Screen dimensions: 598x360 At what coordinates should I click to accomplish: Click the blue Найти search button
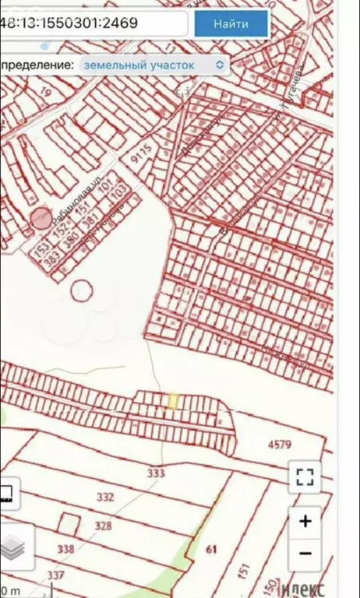231,24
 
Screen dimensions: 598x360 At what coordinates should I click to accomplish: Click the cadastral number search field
94,23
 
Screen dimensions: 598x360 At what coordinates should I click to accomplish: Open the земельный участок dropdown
152,65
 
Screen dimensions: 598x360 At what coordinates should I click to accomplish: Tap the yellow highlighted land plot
173,400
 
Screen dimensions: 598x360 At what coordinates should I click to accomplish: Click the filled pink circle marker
41,219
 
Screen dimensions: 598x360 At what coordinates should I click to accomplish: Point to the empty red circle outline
80,290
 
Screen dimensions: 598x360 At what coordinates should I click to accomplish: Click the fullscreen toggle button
305,477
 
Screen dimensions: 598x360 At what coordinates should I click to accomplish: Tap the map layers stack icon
12,548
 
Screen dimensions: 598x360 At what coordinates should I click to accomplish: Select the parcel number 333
155,473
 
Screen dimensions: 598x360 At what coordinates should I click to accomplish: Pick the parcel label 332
104,497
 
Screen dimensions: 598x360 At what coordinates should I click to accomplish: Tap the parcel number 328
103,526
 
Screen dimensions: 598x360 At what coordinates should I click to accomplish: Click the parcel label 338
65,550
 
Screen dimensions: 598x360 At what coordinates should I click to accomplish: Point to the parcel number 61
210,550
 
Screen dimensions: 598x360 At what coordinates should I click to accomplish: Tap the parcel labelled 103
119,190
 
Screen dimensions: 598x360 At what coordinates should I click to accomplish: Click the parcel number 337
55,575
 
